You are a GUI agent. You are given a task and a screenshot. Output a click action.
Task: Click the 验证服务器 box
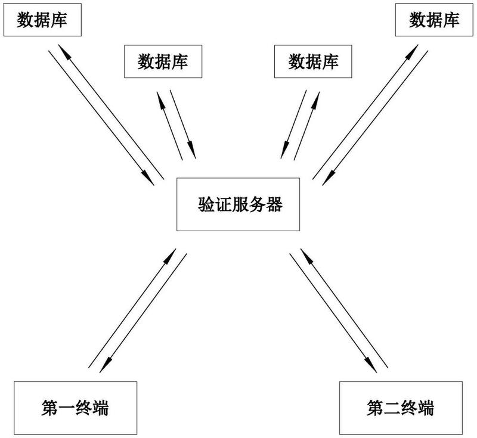pyautogui.click(x=238, y=204)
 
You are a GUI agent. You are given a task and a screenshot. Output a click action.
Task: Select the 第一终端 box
pyautogui.click(x=76, y=408)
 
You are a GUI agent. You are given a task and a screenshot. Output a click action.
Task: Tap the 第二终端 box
pyautogui.click(x=401, y=408)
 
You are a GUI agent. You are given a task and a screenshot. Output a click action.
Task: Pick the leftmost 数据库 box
pyautogui.click(x=42, y=20)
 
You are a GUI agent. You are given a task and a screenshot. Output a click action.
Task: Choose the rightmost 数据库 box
pyautogui.click(x=434, y=20)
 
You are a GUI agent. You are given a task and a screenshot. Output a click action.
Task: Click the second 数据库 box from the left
pyautogui.click(x=163, y=61)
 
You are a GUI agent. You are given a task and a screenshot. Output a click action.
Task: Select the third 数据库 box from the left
pyautogui.click(x=313, y=61)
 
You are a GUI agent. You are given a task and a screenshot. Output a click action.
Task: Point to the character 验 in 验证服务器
pyautogui.click(x=206, y=204)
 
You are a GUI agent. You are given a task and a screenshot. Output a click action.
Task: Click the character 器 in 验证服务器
pyautogui.click(x=274, y=204)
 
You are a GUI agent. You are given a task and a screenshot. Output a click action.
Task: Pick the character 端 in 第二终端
pyautogui.click(x=426, y=408)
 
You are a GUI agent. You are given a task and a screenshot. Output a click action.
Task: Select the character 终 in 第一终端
pyautogui.click(x=83, y=408)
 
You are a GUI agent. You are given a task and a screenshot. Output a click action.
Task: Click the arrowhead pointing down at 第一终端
pyautogui.click(x=105, y=366)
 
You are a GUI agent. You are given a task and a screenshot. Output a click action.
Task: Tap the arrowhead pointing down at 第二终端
pyautogui.click(x=371, y=366)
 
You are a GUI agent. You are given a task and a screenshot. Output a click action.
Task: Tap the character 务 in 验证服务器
pyautogui.click(x=258, y=204)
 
